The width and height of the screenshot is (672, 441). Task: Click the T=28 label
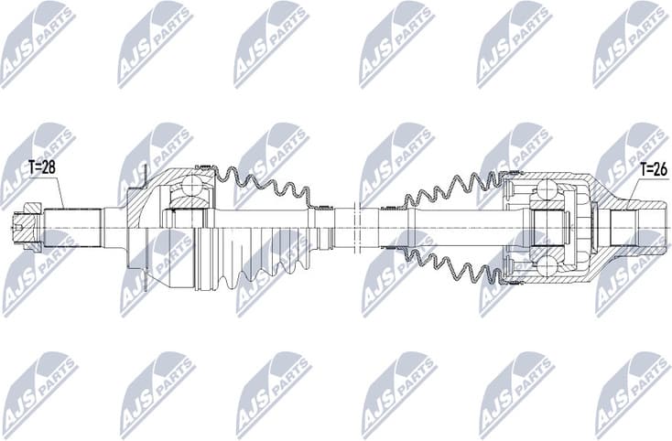tap(42, 167)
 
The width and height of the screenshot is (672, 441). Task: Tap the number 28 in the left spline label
tap(49, 167)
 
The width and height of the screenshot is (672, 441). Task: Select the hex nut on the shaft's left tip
tap(31, 225)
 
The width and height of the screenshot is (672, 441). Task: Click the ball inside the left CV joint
tap(192, 187)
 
